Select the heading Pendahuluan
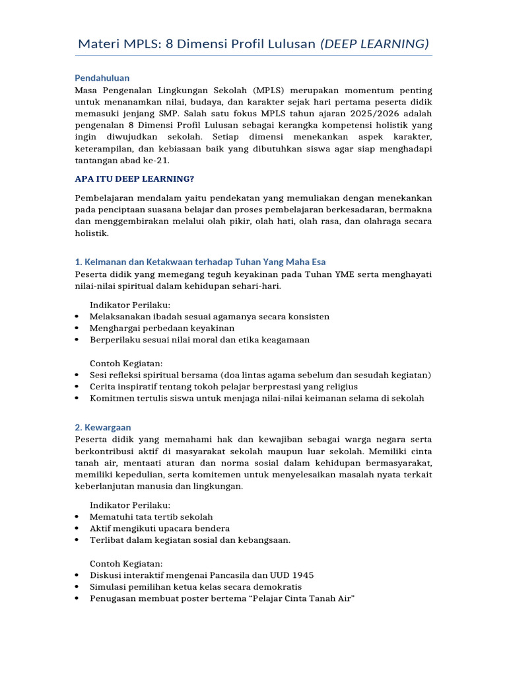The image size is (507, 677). click(x=102, y=78)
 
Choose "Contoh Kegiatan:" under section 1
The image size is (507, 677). click(x=126, y=364)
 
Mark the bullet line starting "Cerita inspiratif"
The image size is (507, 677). click(x=224, y=386)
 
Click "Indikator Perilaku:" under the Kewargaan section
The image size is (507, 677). click(x=130, y=504)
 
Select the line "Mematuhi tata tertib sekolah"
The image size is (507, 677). click(x=151, y=516)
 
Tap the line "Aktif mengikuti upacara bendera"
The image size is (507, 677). click(x=160, y=528)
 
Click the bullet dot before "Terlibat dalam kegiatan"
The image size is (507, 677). click(x=77, y=540)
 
